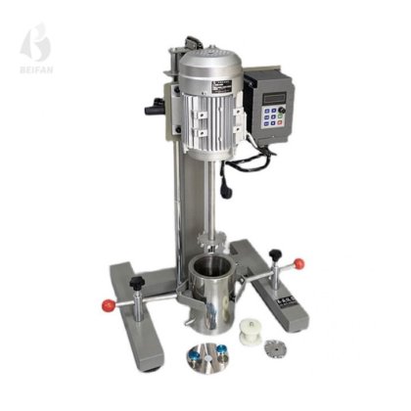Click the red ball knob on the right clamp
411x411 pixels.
click(x=297, y=264)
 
